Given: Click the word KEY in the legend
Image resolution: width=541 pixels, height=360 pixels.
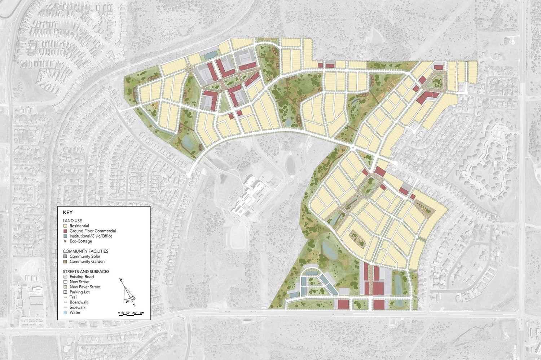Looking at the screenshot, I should coord(67,213).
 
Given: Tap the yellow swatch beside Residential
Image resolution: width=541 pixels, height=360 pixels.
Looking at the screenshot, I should coord(65,226).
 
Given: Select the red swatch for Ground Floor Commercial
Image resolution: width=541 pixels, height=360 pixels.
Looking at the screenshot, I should coord(65,231).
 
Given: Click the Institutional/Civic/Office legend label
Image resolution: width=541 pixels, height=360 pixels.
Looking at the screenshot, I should coord(91,236).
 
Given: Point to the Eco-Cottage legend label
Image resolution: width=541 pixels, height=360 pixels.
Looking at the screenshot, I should coord(81,241).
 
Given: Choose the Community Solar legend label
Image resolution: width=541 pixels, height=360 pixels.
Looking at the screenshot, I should coord(85,257).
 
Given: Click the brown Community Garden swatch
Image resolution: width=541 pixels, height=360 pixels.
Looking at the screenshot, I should coord(65,262).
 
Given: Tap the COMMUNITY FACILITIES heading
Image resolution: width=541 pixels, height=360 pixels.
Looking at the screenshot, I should coord(85,251).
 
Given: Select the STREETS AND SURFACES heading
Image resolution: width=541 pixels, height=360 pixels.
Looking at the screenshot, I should coord(86,271).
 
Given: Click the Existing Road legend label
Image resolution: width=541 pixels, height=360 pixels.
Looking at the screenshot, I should coord(82,277).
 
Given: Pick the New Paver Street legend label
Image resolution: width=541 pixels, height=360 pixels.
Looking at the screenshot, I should coord(85,287).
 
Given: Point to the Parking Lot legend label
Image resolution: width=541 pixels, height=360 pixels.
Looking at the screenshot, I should coord(80,292).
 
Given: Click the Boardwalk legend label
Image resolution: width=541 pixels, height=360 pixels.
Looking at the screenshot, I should coord(79,302).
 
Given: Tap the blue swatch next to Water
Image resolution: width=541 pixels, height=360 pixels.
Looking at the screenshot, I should coord(65,312).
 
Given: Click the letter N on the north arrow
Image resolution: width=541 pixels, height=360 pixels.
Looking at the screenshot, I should coord(122,280).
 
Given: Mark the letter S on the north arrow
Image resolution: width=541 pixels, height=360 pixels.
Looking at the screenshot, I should coord(134,305).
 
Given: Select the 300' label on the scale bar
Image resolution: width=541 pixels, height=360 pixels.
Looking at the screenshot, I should coord(142,312).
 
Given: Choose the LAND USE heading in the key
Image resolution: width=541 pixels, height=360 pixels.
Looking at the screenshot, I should coord(72,221).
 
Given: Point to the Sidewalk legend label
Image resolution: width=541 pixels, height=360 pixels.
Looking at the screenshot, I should coord(78,307).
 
